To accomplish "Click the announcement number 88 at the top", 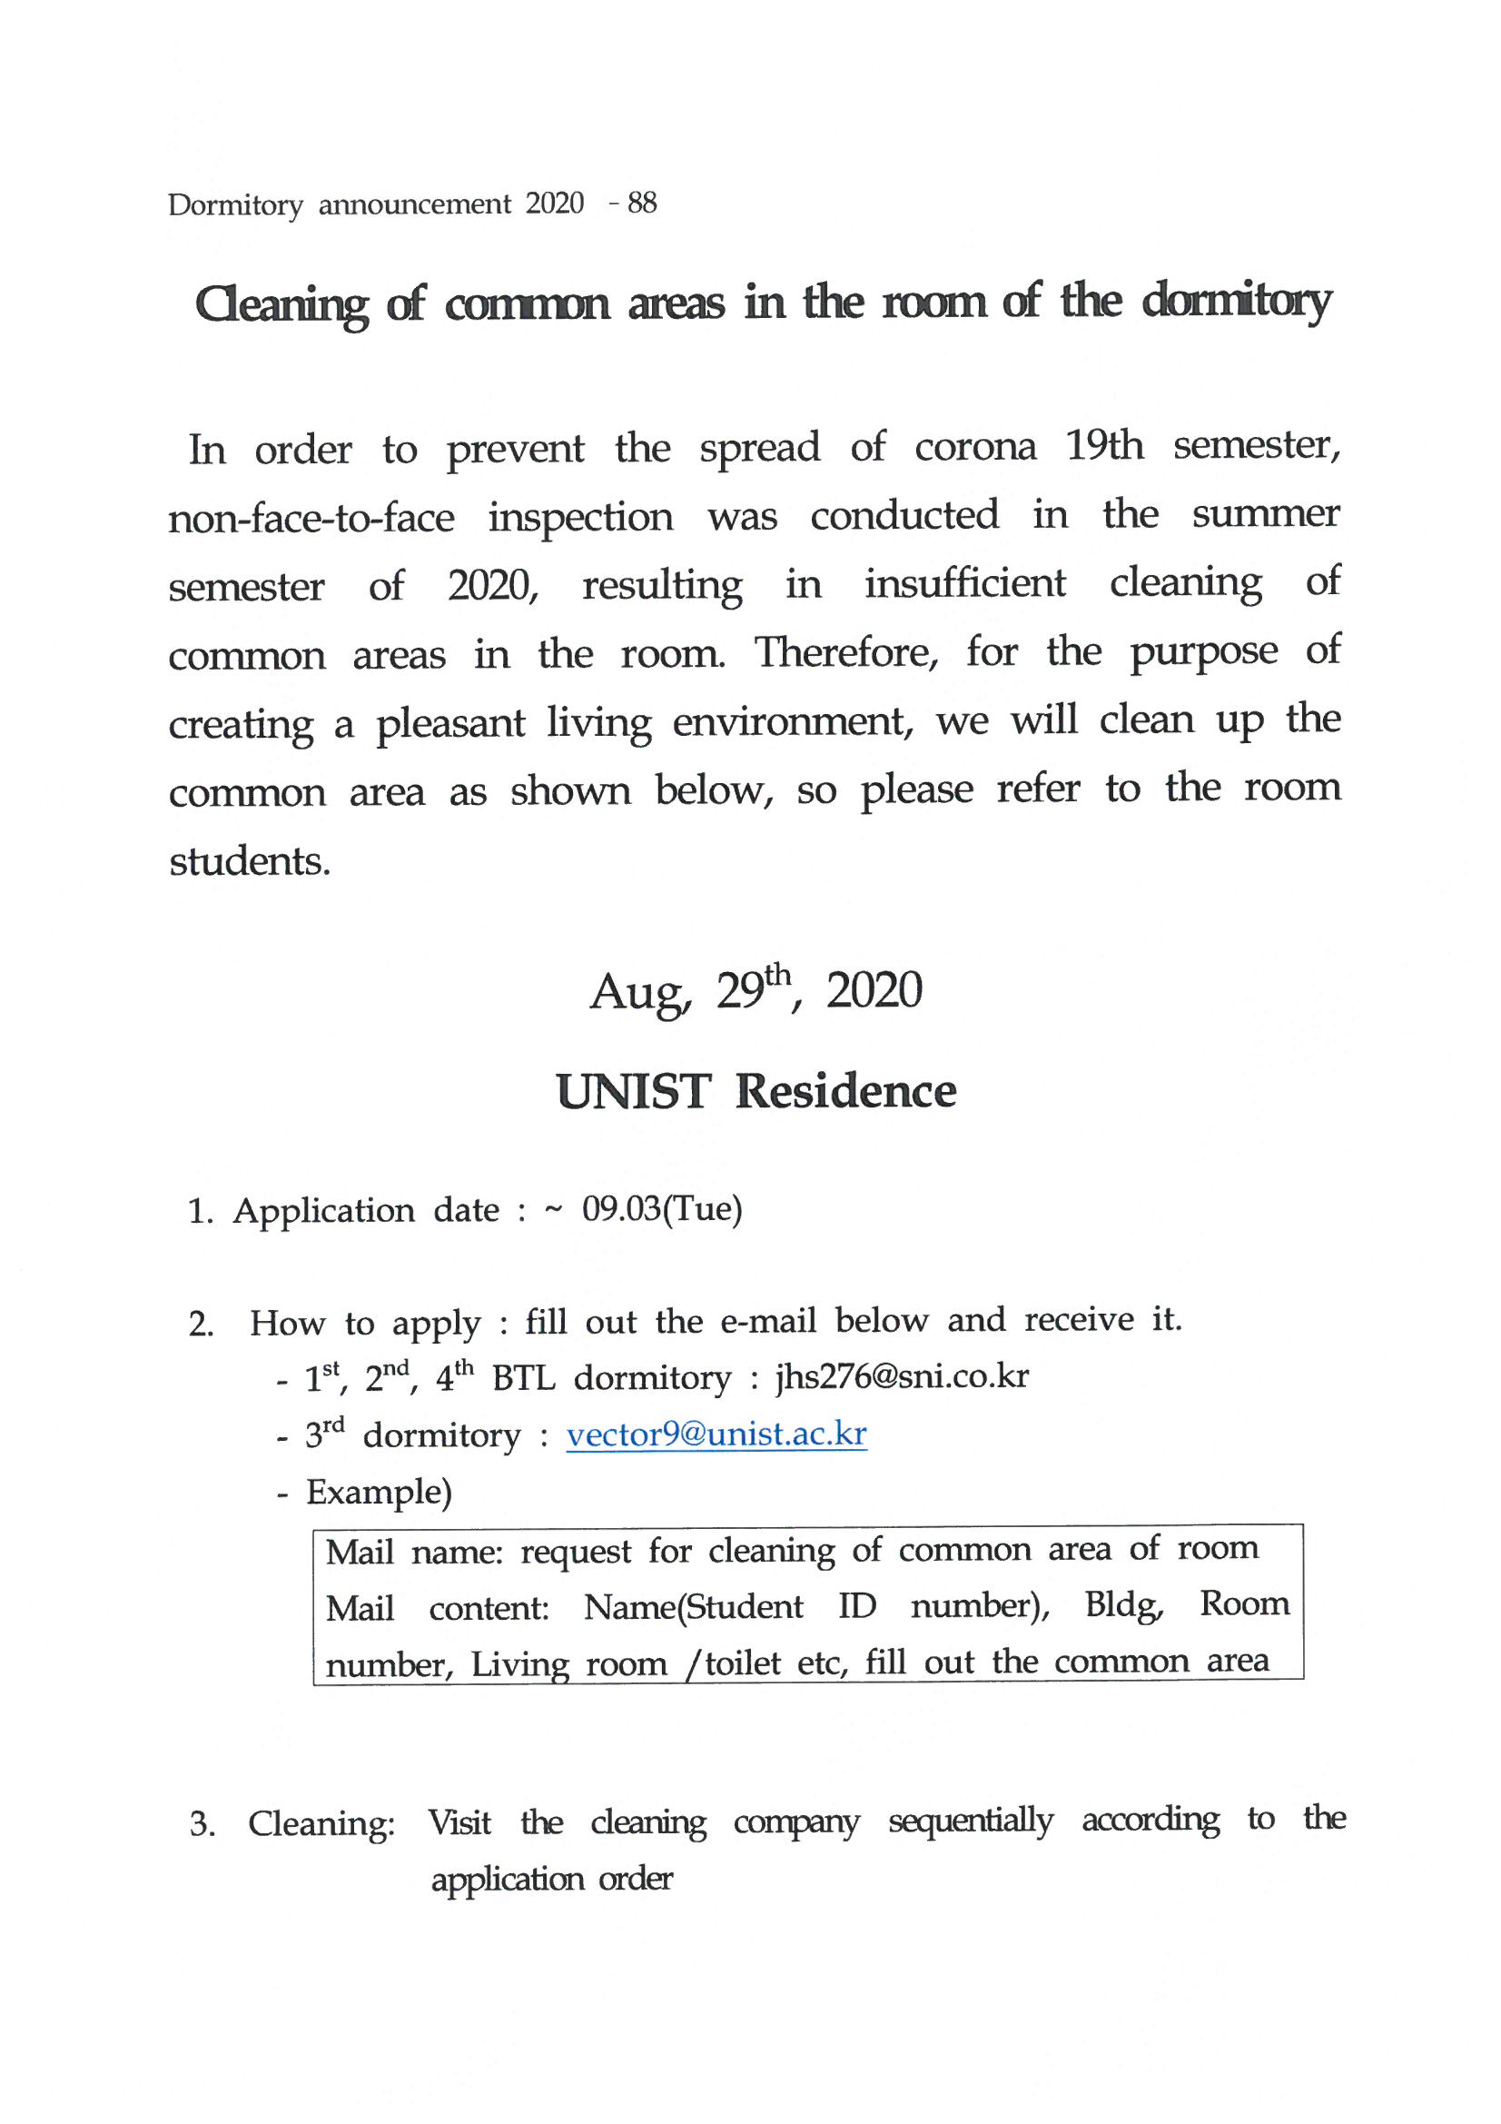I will tap(642, 203).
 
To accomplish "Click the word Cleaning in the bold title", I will tap(281, 304).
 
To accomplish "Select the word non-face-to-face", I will tap(311, 518).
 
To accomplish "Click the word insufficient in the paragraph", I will tap(964, 584).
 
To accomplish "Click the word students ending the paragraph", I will tap(249, 861).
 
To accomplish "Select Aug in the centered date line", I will tap(639, 993).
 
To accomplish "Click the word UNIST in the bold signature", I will tap(634, 1092).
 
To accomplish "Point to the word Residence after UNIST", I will tap(845, 1092).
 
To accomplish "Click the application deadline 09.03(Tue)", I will tap(661, 1209).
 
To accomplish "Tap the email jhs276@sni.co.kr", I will tap(902, 1376).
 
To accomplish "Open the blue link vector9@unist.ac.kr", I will tap(716, 1434).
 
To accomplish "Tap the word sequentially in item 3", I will tap(970, 1821).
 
